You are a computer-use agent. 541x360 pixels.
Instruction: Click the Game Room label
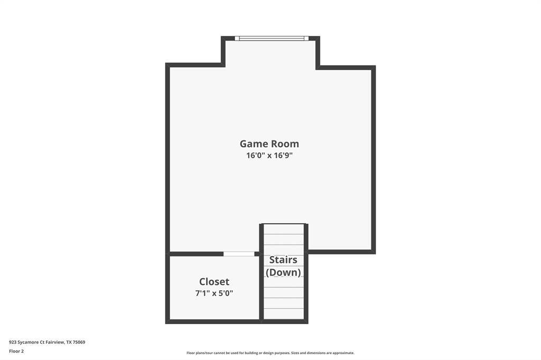click(x=269, y=144)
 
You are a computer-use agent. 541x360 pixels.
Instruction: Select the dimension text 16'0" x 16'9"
click(x=269, y=155)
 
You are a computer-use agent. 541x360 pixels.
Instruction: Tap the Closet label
click(x=214, y=282)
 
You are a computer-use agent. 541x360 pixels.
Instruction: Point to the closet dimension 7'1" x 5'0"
click(x=214, y=293)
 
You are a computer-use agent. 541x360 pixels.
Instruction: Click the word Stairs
click(x=283, y=260)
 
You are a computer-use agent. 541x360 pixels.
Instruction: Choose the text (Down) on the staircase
click(x=283, y=272)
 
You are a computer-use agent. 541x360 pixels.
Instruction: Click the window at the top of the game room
click(x=272, y=39)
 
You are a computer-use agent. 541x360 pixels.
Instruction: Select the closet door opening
click(x=239, y=254)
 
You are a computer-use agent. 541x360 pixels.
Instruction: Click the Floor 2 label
click(x=16, y=351)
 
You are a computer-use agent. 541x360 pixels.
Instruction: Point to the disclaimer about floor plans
click(x=270, y=353)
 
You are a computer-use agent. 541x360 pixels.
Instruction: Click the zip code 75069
click(x=79, y=342)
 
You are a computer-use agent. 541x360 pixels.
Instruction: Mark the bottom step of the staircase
click(x=284, y=314)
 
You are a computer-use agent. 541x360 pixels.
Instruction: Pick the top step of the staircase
click(x=284, y=229)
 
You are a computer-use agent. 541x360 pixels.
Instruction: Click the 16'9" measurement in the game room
click(x=283, y=155)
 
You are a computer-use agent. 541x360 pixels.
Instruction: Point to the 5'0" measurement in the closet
click(x=225, y=293)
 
